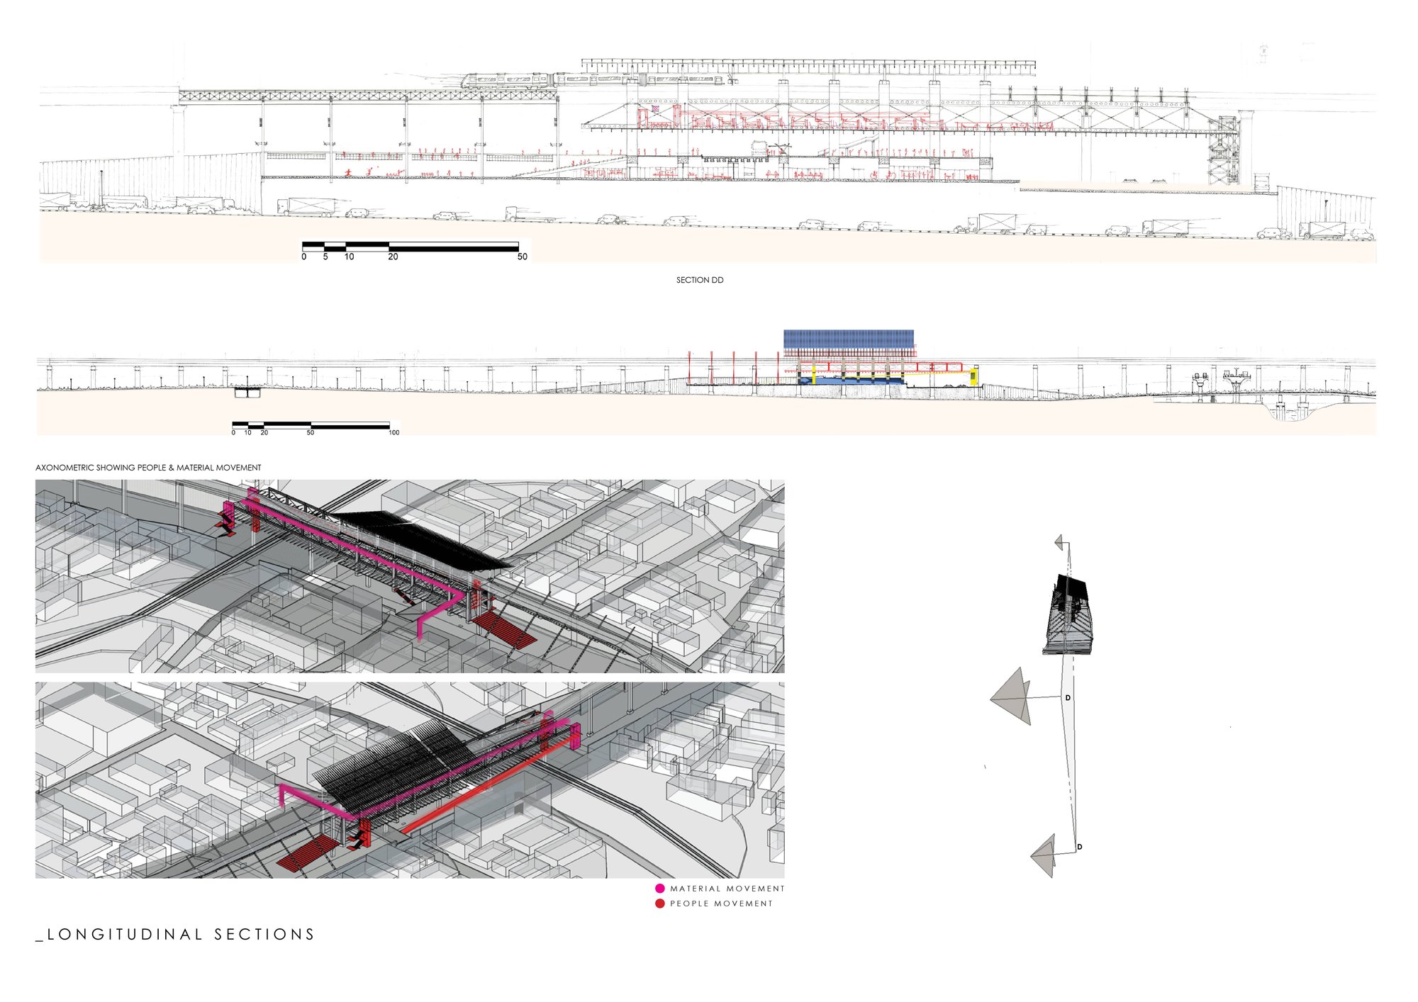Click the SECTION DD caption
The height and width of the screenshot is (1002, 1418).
coord(700,280)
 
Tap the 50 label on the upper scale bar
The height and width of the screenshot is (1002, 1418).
coord(523,257)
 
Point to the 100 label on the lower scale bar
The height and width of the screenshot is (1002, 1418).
coord(394,432)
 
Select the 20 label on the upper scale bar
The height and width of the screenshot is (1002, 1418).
coord(393,257)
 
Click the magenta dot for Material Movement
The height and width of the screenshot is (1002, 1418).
coord(660,888)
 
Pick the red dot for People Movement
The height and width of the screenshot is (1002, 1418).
coord(660,904)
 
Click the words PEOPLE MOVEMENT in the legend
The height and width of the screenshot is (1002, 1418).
coord(721,904)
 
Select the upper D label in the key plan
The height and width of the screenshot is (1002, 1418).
coord(1068,698)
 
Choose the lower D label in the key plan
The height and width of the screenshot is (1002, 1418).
coord(1080,847)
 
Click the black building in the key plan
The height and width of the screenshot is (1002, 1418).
coord(1068,614)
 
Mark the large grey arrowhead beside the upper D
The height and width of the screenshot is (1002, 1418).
coord(1011,697)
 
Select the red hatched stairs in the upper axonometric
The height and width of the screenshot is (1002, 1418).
coord(504,631)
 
